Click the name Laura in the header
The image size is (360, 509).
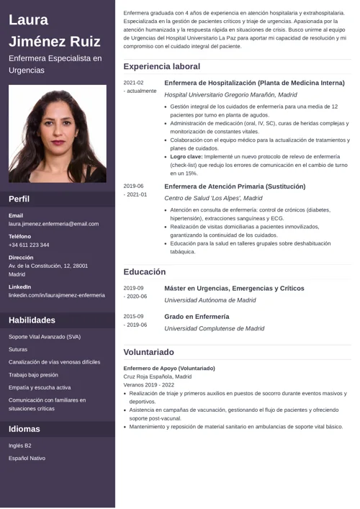coord(29,19)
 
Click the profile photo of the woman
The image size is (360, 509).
coord(58,135)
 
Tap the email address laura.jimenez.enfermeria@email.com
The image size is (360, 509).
coord(53,224)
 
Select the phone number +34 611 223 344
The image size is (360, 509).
coord(29,245)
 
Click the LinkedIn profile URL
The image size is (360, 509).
coord(57,295)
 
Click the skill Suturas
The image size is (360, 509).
coord(18,349)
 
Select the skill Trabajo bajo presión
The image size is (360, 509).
coord(33,375)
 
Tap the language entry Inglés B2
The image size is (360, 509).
coord(20,445)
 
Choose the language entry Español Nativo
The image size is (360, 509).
coord(27,458)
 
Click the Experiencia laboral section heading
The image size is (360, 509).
coord(161,66)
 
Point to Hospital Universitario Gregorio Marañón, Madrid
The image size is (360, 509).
coord(230,94)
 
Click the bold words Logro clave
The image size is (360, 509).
coord(186,156)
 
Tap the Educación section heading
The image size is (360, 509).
coord(144,272)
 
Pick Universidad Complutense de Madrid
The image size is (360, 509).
coord(214,328)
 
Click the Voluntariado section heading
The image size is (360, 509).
coord(148,352)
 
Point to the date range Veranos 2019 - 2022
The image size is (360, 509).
coord(148,385)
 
